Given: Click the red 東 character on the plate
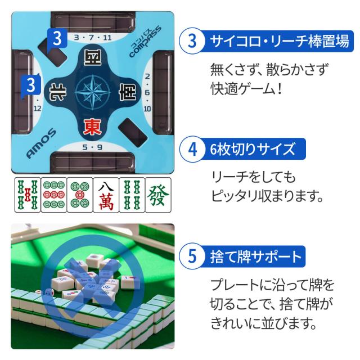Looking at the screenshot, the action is coord(92,127).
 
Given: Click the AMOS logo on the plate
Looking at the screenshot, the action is coord(41,143).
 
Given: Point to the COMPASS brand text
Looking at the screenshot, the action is coord(145,42).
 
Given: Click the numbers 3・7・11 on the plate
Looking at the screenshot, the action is coord(93,38).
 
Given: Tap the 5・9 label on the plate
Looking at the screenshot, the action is coord(92,147).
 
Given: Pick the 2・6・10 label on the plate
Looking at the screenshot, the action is coord(147,92).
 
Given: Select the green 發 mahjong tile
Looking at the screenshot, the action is coord(158,195).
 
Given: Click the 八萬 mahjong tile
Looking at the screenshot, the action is coord(106,195).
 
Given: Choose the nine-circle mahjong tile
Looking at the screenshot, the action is coord(54,195).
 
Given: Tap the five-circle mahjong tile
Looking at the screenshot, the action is coord(80,195).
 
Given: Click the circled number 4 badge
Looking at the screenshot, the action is coord(192,149).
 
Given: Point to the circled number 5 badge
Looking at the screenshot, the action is coord(192,256).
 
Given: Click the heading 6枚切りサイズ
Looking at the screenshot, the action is coord(253,149).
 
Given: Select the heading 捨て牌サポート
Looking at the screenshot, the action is coord(256,256).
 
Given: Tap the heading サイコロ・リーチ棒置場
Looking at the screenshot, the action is coord(280,41).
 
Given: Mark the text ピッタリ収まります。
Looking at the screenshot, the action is coord(267,196).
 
